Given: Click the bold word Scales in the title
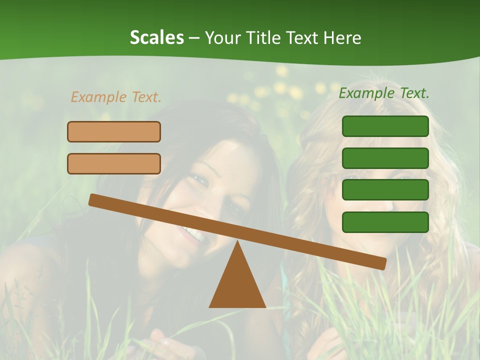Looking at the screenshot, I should click(x=156, y=38).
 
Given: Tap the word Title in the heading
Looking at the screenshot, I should click(x=265, y=38).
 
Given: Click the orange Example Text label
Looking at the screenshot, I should click(x=116, y=97).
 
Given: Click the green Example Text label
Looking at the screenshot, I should click(x=384, y=93).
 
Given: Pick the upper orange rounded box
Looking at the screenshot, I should click(x=114, y=131).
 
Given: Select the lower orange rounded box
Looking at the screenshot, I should click(x=114, y=163).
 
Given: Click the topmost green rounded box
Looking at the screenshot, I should click(x=385, y=126).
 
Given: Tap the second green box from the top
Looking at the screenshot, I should click(x=385, y=158).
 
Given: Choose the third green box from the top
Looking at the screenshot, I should click(x=385, y=190).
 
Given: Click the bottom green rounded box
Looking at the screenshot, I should click(x=385, y=222).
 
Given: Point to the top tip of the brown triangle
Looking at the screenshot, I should click(x=237, y=243).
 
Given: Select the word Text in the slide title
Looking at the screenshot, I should click(x=305, y=38).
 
